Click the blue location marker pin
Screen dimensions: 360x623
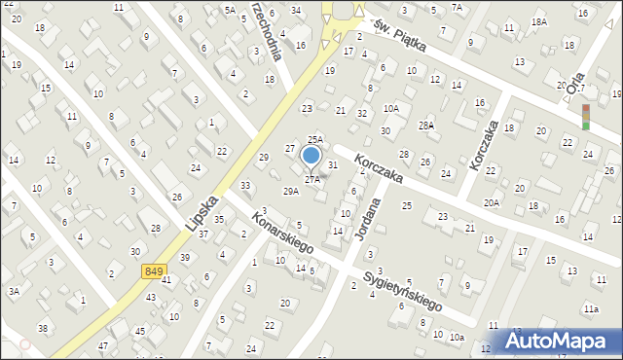(311, 156)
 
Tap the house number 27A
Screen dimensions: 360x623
(312, 180)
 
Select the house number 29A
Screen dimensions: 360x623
(291, 192)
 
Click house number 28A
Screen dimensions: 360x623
(425, 126)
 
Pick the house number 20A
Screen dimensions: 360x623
(492, 202)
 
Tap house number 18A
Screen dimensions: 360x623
(538, 21)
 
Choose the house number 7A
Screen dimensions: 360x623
(458, 7)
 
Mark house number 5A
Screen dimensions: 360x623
(230, 10)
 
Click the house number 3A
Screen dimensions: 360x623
(14, 291)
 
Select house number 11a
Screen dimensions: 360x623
(591, 308)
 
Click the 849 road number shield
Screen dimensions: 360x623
(153, 270)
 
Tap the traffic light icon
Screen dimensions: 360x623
(586, 117)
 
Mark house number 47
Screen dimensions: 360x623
(102, 346)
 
